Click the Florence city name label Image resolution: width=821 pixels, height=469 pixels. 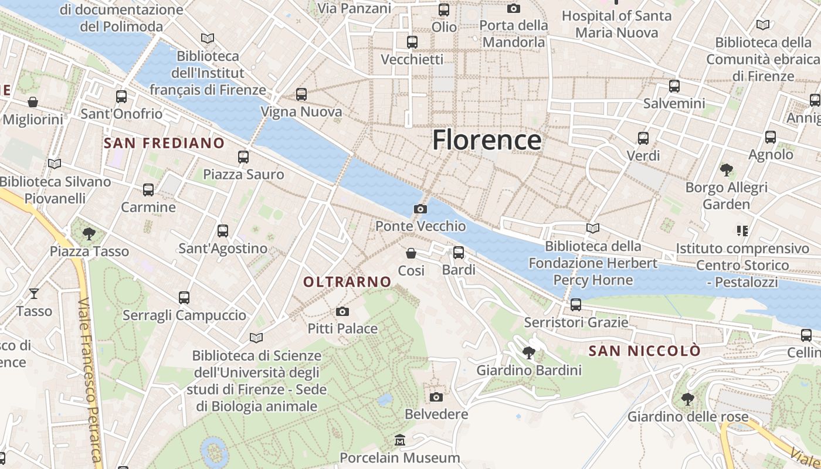tap(487, 140)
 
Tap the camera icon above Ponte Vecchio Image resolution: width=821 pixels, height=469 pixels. tap(420, 209)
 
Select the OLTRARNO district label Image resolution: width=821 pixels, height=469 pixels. tap(347, 282)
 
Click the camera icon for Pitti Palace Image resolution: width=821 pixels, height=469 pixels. tap(342, 311)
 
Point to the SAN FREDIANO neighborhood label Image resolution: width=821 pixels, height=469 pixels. tap(164, 143)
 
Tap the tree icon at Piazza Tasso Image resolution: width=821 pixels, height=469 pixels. tap(89, 234)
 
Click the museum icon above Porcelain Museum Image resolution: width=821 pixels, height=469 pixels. tap(400, 440)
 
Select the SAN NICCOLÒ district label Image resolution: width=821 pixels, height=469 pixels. tap(644, 351)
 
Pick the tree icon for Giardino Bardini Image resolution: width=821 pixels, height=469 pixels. tap(528, 352)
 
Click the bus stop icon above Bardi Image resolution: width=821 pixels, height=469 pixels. tap(459, 253)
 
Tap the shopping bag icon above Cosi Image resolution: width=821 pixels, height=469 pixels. tap(411, 253)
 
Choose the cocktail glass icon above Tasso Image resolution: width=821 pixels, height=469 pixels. tap(34, 293)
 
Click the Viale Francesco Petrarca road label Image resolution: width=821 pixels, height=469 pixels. tap(90, 381)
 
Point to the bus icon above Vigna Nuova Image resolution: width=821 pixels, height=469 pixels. tap(301, 94)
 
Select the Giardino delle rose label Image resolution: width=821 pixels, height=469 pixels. tap(688, 417)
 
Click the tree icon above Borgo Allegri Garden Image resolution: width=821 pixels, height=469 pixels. tap(726, 170)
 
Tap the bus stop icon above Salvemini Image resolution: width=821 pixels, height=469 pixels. tap(674, 86)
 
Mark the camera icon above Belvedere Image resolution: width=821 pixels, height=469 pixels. tap(436, 397)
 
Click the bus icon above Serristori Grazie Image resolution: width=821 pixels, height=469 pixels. tap(576, 305)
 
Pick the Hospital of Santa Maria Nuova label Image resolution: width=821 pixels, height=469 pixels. tap(616, 24)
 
